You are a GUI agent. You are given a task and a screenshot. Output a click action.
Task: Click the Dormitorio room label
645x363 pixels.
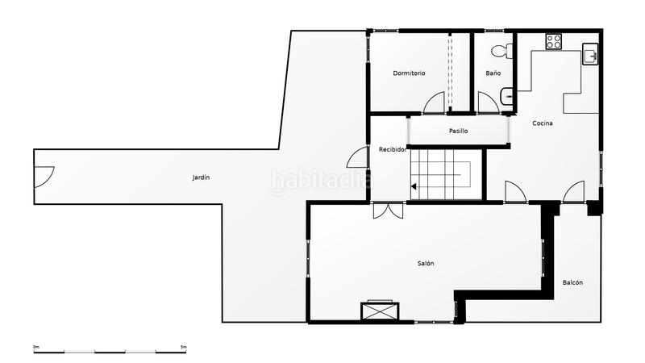pos(409,73)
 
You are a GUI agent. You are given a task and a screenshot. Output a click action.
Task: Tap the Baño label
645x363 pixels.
pos(493,73)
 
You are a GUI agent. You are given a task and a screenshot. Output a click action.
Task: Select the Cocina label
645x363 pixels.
pos(542,123)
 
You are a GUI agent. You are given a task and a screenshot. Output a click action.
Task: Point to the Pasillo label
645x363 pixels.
pos(458,131)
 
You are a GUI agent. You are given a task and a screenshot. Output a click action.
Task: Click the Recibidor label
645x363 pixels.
pos(393,149)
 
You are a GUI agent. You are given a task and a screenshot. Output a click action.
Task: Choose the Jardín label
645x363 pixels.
pos(201,177)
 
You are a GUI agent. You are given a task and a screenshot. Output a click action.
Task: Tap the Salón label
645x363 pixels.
pos(426,264)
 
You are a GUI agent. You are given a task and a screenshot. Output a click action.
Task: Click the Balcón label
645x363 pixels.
pos(572,282)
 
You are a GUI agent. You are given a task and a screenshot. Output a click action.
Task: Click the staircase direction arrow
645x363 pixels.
pos(414,187)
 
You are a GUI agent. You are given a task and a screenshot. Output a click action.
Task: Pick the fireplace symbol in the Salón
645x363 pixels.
pos(379,311)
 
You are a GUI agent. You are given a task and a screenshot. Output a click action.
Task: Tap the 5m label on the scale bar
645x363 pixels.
pos(183,347)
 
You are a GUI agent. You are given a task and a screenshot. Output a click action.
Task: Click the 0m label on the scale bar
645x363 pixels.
pos(36,347)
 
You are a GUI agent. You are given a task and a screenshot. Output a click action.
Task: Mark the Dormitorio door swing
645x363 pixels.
pos(435,103)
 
